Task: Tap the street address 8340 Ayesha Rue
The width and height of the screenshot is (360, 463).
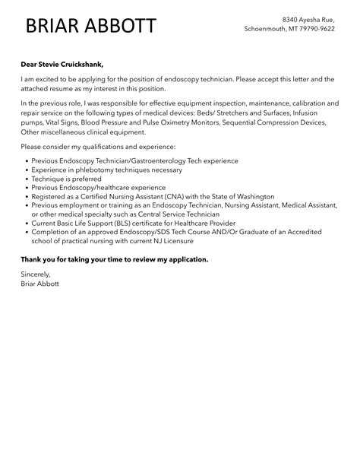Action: pyautogui.click(x=307, y=18)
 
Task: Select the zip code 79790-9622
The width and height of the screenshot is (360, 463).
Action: pyautogui.click(x=317, y=28)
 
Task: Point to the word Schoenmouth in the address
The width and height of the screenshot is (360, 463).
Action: pyautogui.click(x=267, y=28)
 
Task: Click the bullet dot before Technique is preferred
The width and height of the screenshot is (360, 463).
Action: pyautogui.click(x=27, y=178)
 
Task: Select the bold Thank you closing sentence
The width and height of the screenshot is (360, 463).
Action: pyautogui.click(x=114, y=259)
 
